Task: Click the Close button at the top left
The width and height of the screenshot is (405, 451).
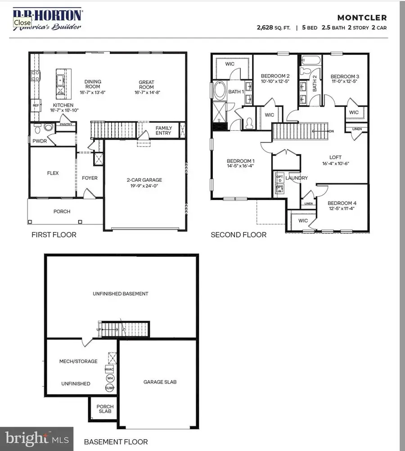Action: (22, 22)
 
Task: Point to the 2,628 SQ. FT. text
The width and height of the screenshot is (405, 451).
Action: (274, 27)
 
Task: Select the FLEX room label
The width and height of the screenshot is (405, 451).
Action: (53, 173)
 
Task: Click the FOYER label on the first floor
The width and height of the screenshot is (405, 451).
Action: (90, 178)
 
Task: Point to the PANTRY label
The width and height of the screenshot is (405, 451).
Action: (66, 125)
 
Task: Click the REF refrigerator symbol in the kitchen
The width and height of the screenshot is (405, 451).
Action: (36, 106)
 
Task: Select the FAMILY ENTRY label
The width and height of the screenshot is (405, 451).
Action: (164, 131)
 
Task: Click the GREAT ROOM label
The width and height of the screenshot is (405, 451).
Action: (146, 84)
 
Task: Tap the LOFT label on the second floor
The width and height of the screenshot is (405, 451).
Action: (335, 157)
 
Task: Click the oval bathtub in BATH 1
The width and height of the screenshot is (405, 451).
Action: (220, 91)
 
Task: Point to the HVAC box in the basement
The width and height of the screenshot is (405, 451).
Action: (109, 369)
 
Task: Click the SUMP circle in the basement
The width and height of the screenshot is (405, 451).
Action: (109, 388)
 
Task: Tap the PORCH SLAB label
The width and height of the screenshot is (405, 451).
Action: (105, 409)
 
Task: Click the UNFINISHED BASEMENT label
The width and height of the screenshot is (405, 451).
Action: (121, 294)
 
